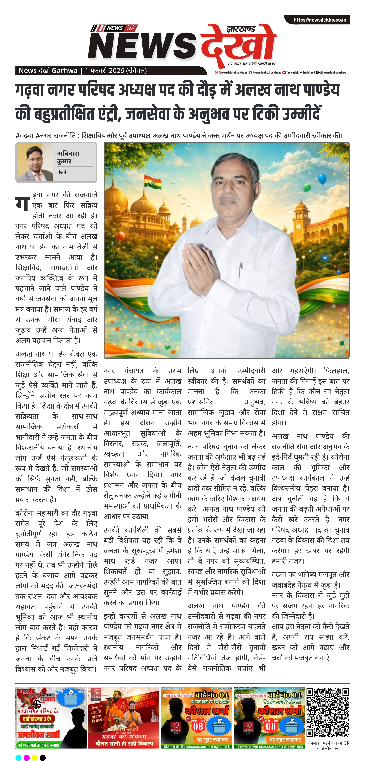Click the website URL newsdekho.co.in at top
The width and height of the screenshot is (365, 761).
[x=320, y=20]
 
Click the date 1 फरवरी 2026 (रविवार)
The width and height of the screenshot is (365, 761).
[x=116, y=71]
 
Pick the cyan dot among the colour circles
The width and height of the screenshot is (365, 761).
[x=18, y=757]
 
